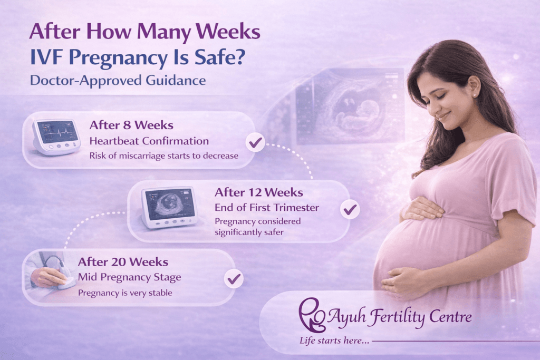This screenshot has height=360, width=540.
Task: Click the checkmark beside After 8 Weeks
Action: click(256, 142)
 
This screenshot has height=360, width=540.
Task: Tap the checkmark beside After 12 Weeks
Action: click(350, 209)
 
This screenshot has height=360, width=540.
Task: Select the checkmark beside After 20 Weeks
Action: click(233, 279)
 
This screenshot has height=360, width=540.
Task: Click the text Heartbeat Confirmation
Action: click(149, 141)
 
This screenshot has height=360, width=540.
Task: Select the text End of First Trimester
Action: click(266, 207)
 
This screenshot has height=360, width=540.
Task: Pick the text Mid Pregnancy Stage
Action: click(129, 277)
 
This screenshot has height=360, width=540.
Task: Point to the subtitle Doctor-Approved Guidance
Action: click(117, 81)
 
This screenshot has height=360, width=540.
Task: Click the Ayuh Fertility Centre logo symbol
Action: click(310, 316)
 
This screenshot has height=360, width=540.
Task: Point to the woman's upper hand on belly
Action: click(422, 209)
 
